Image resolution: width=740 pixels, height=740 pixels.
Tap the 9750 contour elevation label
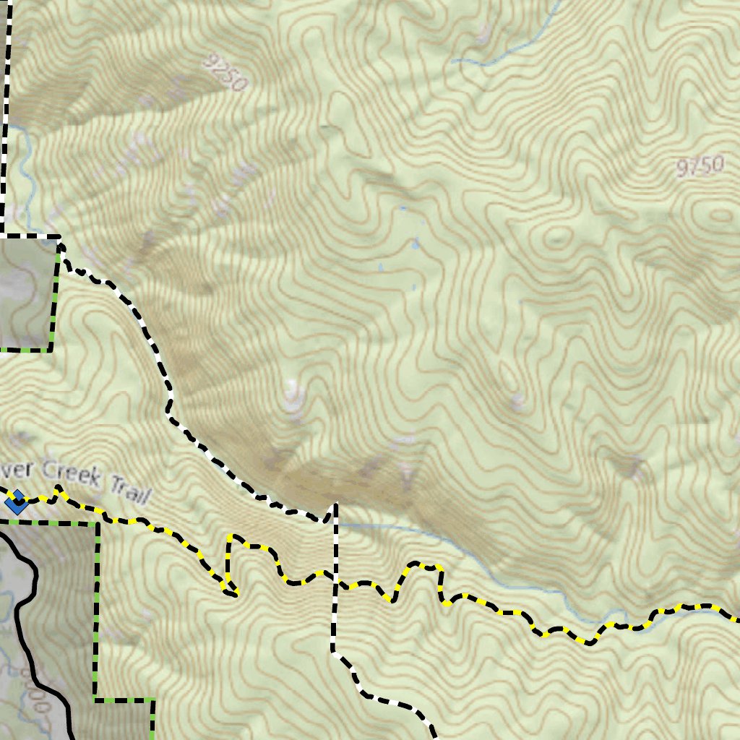pos(700,167)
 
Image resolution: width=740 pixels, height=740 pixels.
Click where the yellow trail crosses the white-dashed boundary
pos(335,578)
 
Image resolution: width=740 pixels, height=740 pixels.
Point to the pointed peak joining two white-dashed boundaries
pos(335,506)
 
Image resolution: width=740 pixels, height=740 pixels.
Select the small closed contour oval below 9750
pos(720,215)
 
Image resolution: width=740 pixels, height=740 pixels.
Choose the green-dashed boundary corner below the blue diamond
pos(97,522)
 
